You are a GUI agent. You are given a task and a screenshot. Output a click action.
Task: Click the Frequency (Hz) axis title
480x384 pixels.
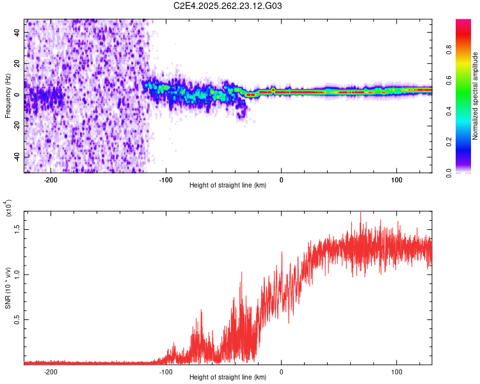click(x=8, y=95)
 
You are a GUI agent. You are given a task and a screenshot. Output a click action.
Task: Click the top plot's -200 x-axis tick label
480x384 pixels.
click(x=51, y=179)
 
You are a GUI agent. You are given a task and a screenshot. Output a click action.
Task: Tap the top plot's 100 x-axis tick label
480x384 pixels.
click(x=396, y=179)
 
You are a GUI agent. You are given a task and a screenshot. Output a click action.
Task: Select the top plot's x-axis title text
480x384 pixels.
click(x=228, y=186)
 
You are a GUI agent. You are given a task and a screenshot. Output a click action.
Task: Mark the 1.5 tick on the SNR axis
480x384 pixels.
click(x=18, y=228)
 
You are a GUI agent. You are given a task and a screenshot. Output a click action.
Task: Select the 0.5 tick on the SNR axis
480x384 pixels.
click(x=18, y=319)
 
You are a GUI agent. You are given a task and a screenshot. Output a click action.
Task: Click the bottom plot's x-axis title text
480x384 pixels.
click(x=228, y=378)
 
